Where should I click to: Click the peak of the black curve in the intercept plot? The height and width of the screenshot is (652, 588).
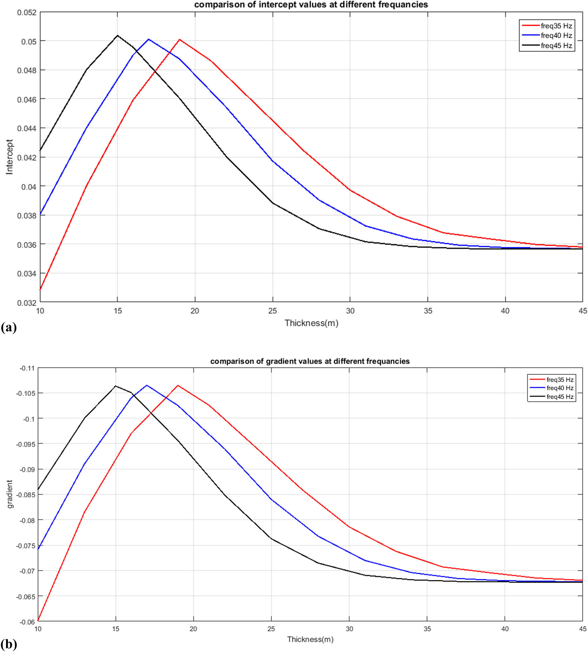117,36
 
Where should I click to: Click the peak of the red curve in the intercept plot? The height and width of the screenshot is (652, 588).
179,40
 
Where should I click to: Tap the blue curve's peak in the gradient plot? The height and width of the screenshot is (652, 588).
147,385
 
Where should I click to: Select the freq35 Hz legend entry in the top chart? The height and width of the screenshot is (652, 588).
556,26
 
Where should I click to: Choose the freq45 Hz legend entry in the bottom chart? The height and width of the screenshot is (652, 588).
560,397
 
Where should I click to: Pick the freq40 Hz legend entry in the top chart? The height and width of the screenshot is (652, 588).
556,36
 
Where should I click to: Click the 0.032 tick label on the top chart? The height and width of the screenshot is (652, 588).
26,303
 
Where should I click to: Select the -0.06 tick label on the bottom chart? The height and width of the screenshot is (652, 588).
27,622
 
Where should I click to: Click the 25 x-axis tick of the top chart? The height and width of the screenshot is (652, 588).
272,311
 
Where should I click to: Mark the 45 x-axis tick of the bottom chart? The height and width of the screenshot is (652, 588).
582,629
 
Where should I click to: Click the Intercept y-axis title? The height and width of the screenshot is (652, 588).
9,157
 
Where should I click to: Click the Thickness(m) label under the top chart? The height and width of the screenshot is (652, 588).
311,323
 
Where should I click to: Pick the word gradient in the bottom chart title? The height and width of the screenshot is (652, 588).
278,361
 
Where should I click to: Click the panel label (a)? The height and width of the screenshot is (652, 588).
9,328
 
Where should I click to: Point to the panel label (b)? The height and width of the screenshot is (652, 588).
9,644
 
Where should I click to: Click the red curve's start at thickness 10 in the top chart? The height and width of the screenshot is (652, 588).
40,290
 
